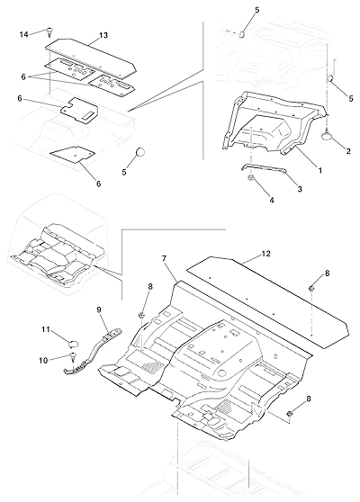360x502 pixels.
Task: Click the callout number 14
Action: [x=24, y=34]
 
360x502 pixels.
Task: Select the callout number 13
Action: [x=103, y=35]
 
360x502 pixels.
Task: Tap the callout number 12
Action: [x=265, y=254]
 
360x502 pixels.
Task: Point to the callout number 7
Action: [x=165, y=258]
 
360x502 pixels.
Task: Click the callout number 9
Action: [x=99, y=309]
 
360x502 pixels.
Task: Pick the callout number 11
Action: [x=46, y=329]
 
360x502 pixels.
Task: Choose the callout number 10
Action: [x=43, y=361]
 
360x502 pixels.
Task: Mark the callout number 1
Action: [x=319, y=171]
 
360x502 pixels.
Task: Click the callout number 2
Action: [x=348, y=151]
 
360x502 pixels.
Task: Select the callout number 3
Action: [x=300, y=189]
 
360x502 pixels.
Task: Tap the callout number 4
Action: [x=272, y=201]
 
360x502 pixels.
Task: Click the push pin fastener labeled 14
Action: [x=49, y=31]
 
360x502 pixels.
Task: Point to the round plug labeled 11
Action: [x=74, y=344]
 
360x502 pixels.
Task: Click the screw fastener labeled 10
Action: [x=73, y=356]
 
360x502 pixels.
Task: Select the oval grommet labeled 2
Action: [x=327, y=136]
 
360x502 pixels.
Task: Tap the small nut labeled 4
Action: [x=251, y=178]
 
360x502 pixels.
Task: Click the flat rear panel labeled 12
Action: [x=268, y=301]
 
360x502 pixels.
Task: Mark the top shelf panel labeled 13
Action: [x=91, y=58]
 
